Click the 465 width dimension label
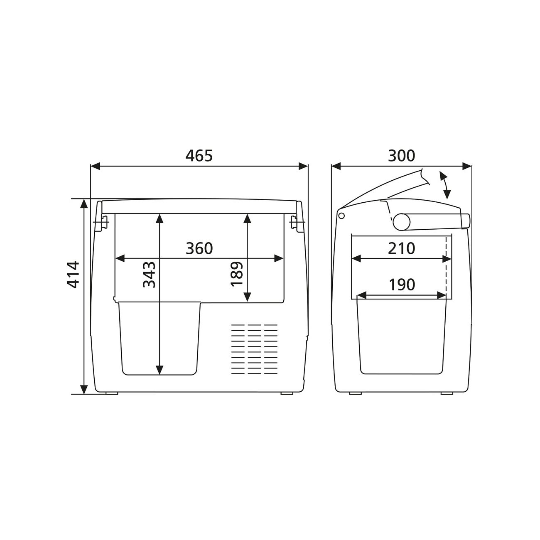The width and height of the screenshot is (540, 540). pos(199,156)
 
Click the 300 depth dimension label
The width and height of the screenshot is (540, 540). pos(401,156)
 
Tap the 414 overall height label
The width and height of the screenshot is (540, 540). pos(74,275)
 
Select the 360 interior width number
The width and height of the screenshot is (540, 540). pos(199,248)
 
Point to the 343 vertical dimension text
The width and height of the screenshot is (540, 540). pos(149,275)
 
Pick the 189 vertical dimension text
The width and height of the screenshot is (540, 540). pos(236,274)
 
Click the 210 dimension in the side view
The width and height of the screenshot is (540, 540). pos(401,248)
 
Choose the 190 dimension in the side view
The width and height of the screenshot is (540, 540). pos(402,285)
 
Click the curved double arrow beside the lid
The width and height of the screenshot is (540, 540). pos(446,185)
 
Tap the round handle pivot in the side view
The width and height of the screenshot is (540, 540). pos(401,222)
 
